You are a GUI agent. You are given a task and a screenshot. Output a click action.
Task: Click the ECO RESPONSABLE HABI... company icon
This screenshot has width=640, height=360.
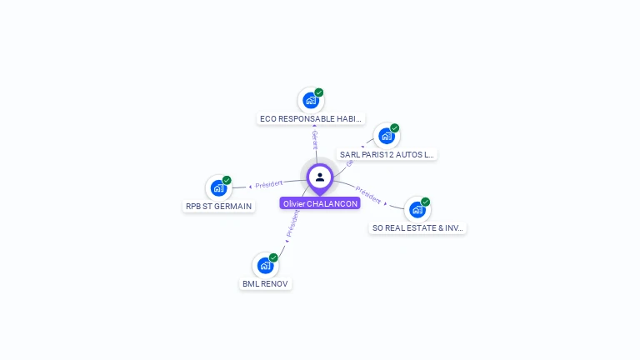coord(311,101)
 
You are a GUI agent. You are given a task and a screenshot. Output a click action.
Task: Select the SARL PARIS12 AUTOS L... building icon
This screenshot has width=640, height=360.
coord(386,136)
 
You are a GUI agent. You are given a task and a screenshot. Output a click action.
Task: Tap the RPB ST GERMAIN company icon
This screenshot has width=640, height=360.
coord(218,188)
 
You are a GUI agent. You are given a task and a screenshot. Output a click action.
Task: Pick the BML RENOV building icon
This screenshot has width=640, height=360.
coord(265,266)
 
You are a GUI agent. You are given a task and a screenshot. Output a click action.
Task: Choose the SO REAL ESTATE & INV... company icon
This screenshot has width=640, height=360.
coord(417,210)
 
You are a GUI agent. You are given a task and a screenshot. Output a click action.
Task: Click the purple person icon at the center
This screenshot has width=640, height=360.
coord(320,177)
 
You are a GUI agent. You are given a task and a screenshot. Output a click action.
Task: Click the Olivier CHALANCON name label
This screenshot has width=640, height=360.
coord(320,203)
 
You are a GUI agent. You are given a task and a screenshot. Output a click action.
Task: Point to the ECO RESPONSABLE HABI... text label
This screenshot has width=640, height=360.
coord(311,119)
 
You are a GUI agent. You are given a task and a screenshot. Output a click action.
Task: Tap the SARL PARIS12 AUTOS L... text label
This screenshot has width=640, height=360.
coord(387,154)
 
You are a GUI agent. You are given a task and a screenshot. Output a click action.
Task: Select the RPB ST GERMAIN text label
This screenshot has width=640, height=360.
coord(218,207)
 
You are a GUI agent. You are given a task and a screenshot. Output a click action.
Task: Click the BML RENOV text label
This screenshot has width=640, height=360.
coord(265,284)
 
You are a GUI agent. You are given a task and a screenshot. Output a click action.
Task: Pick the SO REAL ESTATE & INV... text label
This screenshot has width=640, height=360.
coord(417,228)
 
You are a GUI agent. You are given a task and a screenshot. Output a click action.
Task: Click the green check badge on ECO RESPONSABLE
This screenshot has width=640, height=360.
coord(319,92)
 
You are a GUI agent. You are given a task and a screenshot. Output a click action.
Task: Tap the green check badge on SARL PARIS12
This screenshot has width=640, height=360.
coord(394,127)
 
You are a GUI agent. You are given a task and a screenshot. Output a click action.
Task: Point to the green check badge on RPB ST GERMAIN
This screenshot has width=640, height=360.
coord(227,180)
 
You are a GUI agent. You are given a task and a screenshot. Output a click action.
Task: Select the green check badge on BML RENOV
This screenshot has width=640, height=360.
coord(273,257)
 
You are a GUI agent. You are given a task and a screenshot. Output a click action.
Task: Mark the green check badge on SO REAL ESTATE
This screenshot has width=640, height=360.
coord(425,202)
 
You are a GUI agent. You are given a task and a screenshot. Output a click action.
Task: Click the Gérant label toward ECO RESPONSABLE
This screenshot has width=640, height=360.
coord(314,140)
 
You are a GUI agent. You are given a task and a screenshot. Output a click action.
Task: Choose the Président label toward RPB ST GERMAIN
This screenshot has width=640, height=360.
coord(269,184)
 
